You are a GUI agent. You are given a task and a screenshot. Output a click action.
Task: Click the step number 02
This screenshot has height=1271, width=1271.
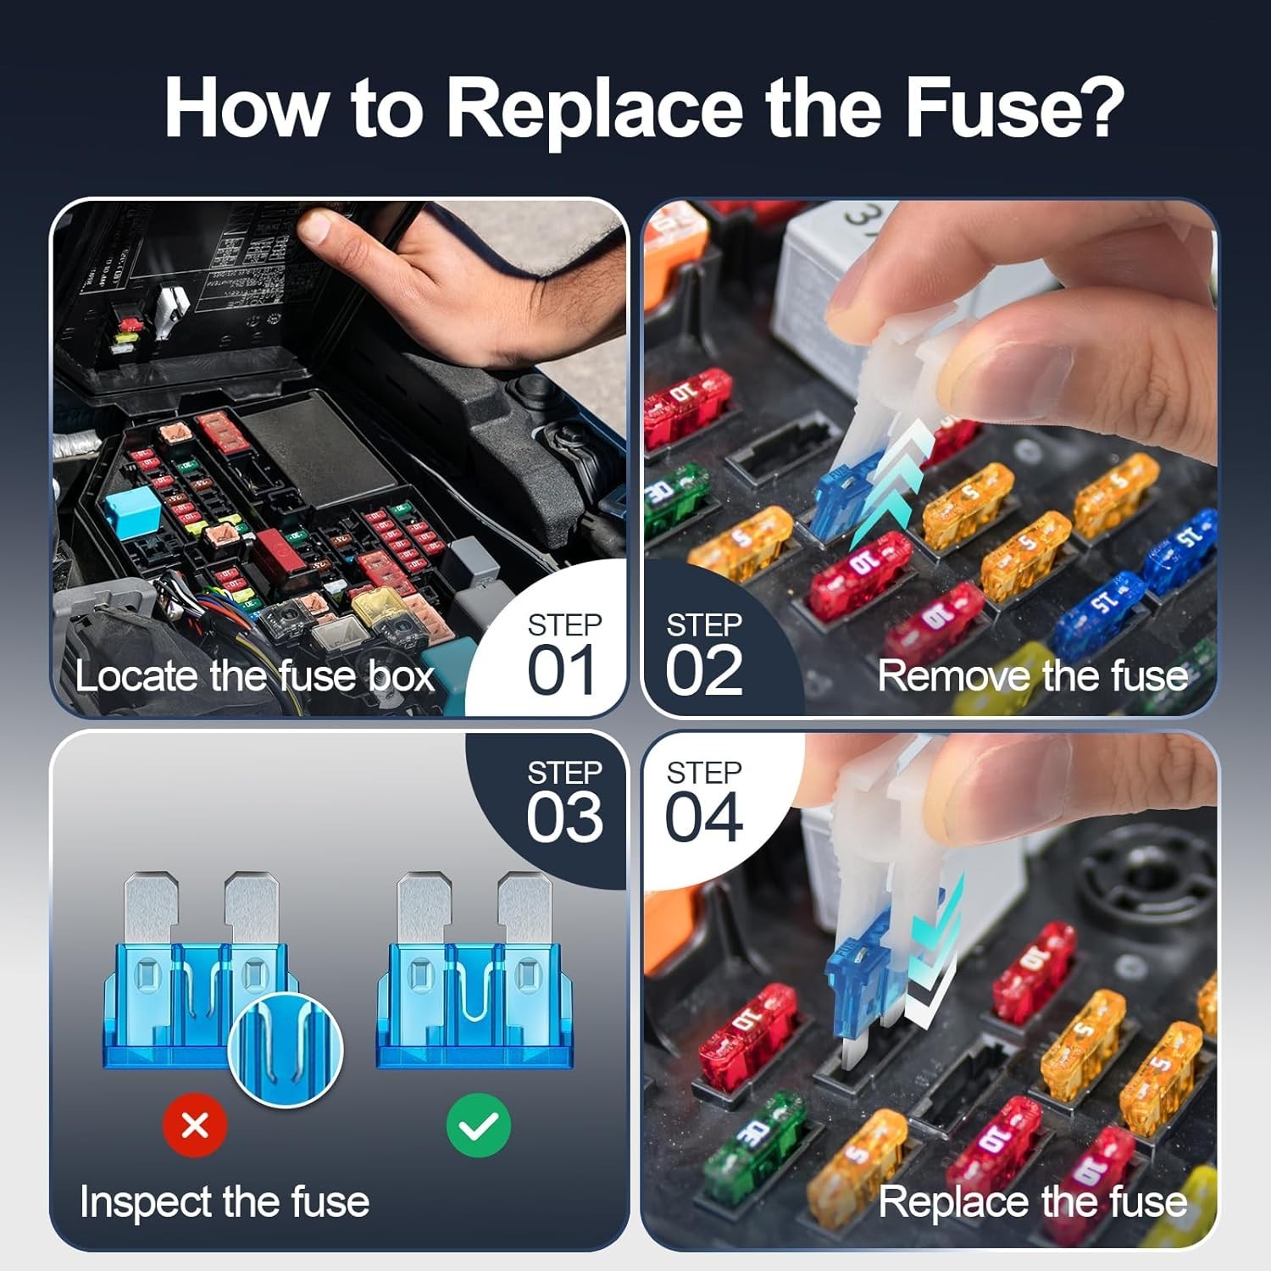coord(703,670)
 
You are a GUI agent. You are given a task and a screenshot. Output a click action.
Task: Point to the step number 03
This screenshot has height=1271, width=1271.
coord(564,818)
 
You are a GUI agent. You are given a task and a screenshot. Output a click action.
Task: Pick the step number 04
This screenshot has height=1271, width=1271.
coord(703,818)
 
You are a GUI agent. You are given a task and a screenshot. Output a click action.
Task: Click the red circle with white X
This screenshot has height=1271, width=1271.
coord(195,1125)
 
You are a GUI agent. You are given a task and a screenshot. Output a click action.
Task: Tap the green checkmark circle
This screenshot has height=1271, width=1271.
coord(478,1125)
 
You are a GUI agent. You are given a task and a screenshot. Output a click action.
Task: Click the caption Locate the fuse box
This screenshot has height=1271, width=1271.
coord(254,676)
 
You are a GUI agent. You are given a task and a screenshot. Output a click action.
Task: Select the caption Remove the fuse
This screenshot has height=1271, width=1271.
coord(1032,676)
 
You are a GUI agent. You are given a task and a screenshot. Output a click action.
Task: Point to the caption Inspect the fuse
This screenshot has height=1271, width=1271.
coord(225,1202)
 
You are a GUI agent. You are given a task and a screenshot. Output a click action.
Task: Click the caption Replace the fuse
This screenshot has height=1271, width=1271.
coord(1032,1202)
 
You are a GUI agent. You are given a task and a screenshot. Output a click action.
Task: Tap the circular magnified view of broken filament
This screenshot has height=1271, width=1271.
coord(286,1049)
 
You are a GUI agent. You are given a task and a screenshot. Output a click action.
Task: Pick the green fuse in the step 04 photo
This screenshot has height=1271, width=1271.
coord(754,1140)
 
